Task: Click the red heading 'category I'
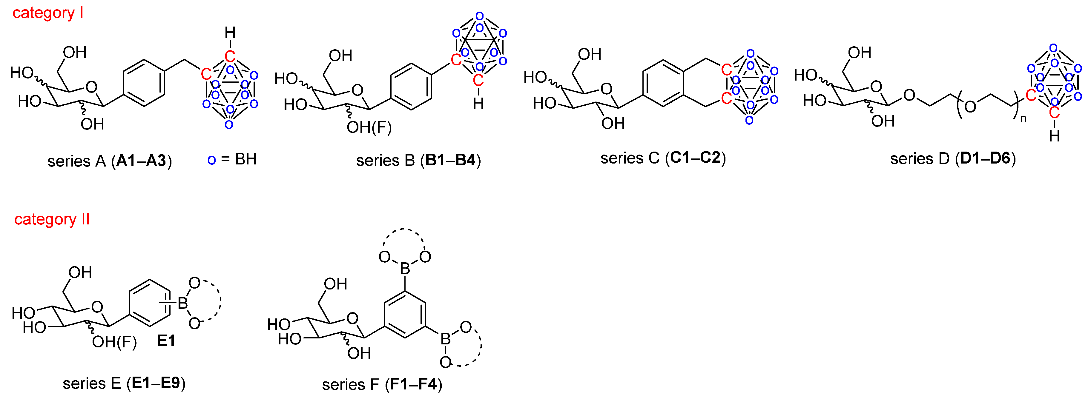(x=48, y=13)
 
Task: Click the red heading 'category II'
(x=52, y=219)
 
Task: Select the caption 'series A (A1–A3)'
(x=110, y=161)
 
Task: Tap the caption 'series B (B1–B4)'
(x=418, y=160)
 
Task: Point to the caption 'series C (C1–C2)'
(x=663, y=158)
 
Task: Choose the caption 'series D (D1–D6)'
(x=953, y=159)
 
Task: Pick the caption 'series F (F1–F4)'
(x=382, y=384)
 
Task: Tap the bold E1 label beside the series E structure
(x=166, y=341)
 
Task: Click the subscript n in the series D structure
(x=1023, y=119)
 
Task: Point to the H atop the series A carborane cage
(x=230, y=33)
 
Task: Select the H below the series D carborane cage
(x=1054, y=136)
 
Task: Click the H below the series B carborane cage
(x=478, y=104)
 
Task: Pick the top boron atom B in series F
(x=405, y=268)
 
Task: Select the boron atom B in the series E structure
(x=182, y=303)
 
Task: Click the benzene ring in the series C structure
(x=663, y=83)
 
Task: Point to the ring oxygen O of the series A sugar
(x=91, y=87)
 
